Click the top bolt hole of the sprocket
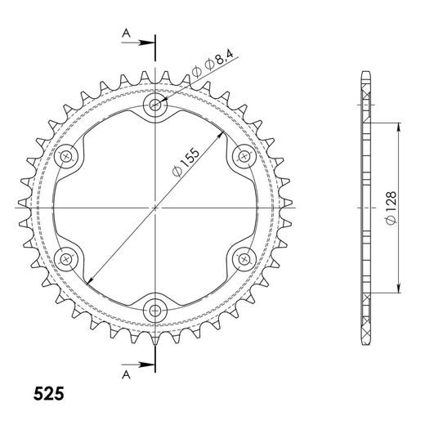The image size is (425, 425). click(155, 105)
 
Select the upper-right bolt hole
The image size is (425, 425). click(243, 155)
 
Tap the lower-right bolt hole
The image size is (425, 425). click(243, 257)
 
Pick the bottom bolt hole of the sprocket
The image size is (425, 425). click(155, 308)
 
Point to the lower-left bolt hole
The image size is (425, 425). click(67, 257)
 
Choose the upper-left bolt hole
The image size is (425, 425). click(67, 155)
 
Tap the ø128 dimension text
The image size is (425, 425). click(391, 207)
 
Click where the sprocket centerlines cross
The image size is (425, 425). click(155, 207)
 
